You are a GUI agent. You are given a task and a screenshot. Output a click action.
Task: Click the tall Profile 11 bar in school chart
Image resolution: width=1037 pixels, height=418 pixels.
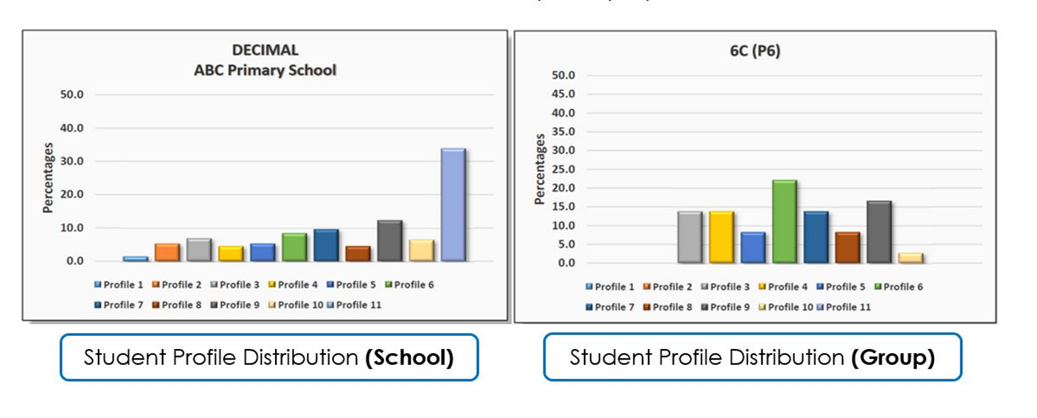click(454, 205)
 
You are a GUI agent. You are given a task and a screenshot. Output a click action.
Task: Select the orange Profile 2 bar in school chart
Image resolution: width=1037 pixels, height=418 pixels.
click(167, 253)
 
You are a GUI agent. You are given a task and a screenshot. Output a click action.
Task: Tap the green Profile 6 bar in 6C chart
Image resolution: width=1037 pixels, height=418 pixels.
click(784, 222)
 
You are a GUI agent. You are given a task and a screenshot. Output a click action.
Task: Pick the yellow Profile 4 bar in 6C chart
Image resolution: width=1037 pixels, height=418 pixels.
click(721, 237)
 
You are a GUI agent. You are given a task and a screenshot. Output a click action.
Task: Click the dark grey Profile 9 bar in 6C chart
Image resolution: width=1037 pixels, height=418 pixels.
click(879, 232)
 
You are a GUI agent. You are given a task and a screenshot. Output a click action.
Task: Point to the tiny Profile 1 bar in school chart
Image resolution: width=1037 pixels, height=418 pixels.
click(135, 259)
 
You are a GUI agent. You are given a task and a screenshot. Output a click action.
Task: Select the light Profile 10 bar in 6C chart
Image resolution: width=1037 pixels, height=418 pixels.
click(910, 258)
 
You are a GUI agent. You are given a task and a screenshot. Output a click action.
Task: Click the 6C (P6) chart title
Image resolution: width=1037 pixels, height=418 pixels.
click(755, 51)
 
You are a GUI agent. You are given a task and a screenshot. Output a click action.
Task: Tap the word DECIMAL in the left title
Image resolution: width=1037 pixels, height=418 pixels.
click(265, 50)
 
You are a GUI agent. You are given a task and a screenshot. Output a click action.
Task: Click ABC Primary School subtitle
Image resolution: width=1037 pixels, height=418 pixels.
click(265, 70)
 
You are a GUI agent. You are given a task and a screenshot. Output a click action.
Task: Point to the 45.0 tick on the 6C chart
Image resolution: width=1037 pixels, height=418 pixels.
click(563, 94)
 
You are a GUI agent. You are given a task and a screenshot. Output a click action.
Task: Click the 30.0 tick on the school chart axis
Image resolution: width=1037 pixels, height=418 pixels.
click(72, 161)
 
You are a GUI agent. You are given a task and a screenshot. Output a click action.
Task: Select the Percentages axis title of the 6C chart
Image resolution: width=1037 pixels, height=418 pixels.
click(540, 169)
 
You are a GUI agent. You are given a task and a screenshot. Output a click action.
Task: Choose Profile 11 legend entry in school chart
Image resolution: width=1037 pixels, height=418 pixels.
click(354, 305)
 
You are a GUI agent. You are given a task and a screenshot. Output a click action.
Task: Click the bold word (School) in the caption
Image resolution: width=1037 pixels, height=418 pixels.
click(410, 358)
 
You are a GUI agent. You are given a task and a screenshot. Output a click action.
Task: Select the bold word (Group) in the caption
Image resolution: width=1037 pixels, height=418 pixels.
click(893, 358)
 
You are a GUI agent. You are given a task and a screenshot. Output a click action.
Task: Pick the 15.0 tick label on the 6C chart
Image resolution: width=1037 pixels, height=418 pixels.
click(563, 207)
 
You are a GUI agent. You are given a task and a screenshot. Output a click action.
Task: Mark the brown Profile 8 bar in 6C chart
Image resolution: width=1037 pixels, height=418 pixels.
click(847, 247)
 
